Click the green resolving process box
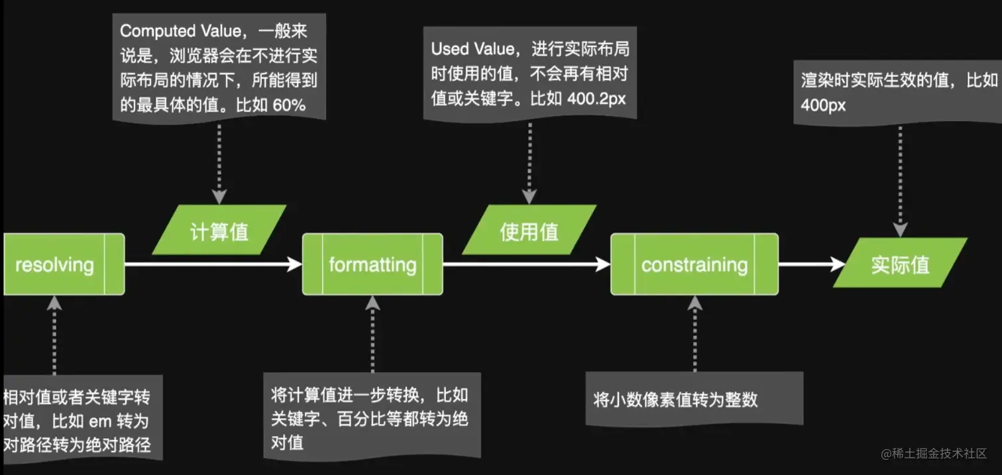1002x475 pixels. tap(63, 264)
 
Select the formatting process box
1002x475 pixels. tap(372, 264)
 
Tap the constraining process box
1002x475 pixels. tap(694, 264)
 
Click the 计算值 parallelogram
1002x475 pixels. tap(219, 231)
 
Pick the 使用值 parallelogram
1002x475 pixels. tap(529, 231)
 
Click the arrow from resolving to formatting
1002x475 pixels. tap(212, 264)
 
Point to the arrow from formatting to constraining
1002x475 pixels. tap(526, 264)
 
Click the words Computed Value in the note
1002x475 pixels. tap(177, 31)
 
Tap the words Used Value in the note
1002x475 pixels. tap(472, 49)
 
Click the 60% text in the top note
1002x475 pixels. tap(289, 105)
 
